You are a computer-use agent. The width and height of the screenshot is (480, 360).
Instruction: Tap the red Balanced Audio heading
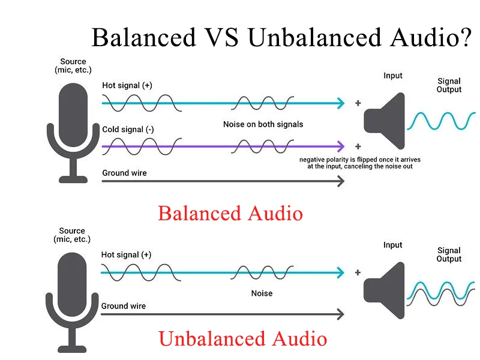(x=230, y=213)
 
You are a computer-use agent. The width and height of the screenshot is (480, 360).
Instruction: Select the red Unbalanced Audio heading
(x=243, y=338)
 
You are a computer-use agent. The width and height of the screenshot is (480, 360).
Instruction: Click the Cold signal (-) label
(x=128, y=130)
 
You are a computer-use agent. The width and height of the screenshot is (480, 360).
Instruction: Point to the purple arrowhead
(x=340, y=146)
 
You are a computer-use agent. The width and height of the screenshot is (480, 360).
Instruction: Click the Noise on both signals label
(x=263, y=124)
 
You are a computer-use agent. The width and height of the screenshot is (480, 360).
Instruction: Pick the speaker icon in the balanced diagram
(x=384, y=121)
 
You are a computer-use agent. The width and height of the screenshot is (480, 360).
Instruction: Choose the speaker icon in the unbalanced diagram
(x=384, y=290)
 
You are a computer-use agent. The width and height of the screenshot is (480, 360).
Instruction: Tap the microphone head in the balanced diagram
(x=73, y=115)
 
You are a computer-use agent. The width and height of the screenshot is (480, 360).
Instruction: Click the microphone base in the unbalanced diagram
(x=72, y=349)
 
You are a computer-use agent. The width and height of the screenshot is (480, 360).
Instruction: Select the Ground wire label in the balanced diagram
(x=124, y=173)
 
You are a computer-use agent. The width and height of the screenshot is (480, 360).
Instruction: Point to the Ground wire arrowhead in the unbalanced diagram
(x=340, y=314)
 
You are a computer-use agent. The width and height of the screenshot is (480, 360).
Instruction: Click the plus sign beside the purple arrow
(x=358, y=146)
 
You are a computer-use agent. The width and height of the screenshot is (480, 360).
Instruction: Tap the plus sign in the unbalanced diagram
(x=358, y=272)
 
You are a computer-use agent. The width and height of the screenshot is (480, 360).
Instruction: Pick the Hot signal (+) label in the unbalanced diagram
(x=126, y=254)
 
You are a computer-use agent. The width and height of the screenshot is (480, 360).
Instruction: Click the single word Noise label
(x=262, y=293)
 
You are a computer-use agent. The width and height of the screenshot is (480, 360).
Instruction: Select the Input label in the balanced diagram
(x=393, y=76)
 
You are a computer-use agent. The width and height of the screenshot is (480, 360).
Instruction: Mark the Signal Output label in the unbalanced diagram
(x=449, y=254)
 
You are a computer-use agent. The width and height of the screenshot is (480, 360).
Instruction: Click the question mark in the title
(x=465, y=37)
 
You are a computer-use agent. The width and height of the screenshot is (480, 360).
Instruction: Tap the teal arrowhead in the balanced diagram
(x=340, y=103)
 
